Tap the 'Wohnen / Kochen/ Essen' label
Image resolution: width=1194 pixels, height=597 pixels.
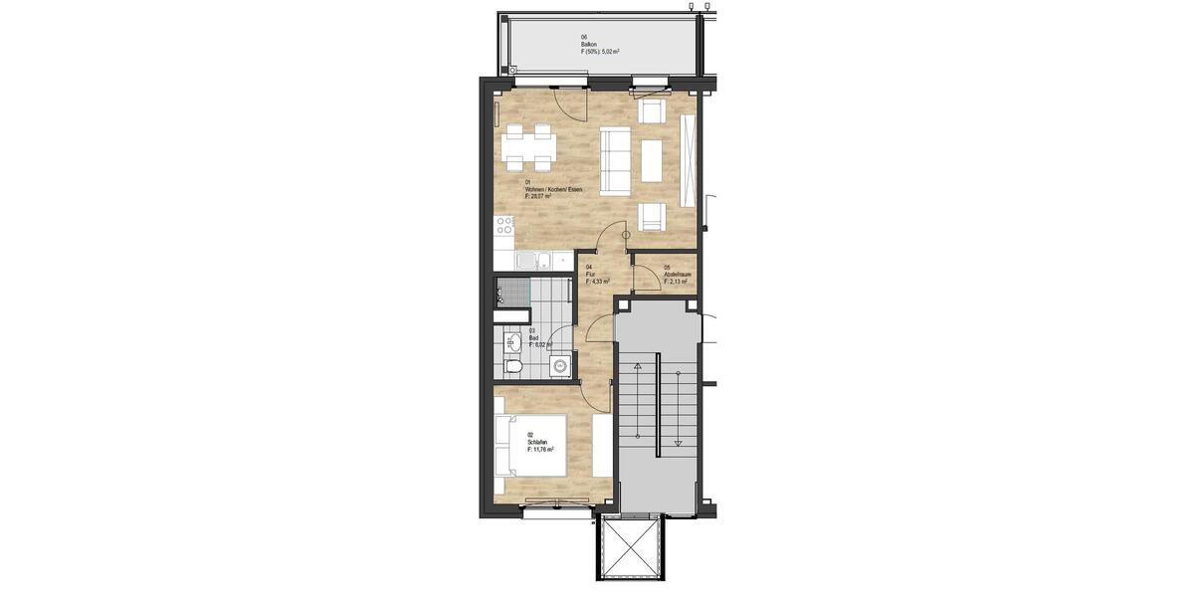coord(552,189)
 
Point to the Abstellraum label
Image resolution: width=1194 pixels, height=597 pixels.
coord(677,275)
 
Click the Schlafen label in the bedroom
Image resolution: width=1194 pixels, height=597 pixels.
coord(538,443)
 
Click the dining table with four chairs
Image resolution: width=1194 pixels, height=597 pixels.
coord(527,146)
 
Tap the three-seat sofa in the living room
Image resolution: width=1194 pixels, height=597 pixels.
coord(614,161)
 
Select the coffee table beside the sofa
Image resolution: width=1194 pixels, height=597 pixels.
coord(653,161)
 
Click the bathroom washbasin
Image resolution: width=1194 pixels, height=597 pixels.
coord(511,344)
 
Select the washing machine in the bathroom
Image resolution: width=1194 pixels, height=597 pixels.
coord(562,365)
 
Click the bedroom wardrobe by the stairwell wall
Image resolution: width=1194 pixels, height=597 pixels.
coord(602,445)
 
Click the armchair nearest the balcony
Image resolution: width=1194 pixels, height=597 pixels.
coord(651,110)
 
